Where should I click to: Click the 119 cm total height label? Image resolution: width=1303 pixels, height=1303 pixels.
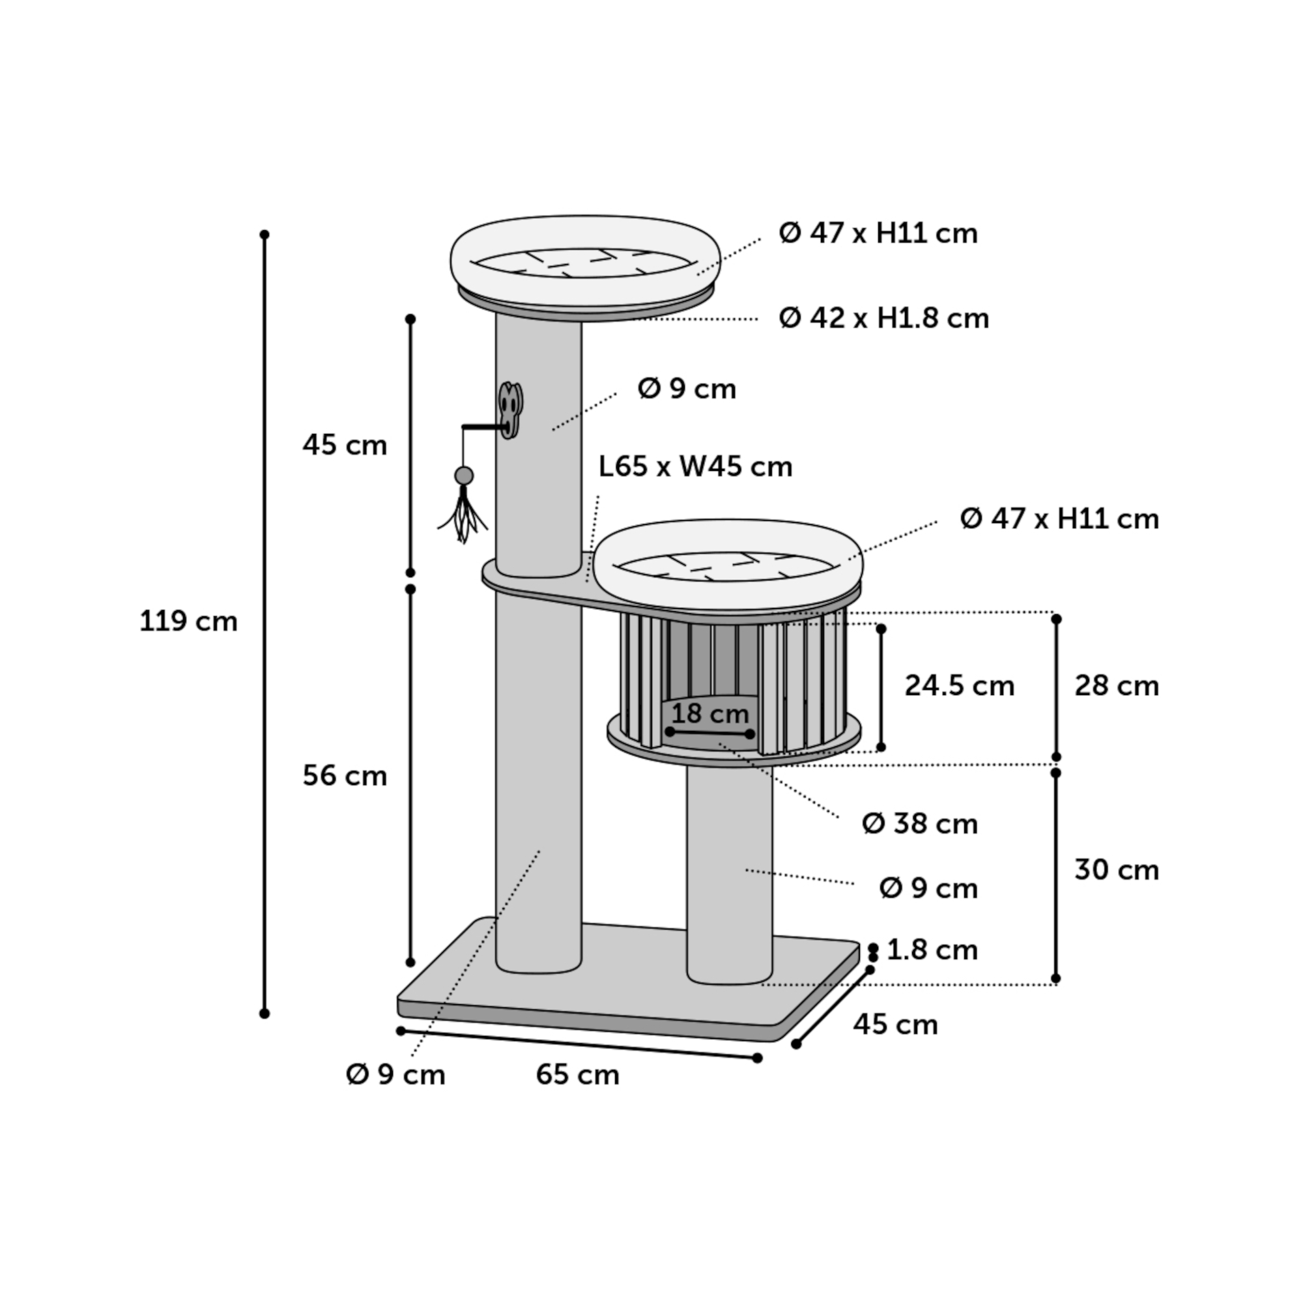tap(188, 621)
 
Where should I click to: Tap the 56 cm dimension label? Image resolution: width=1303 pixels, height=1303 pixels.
tap(345, 775)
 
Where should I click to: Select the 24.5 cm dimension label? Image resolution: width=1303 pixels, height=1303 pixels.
tap(959, 686)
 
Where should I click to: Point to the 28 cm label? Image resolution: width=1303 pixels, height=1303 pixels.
tap(1116, 686)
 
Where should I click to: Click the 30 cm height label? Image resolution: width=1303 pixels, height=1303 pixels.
tap(1116, 870)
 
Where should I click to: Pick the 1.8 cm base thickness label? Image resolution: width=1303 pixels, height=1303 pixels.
tap(932, 951)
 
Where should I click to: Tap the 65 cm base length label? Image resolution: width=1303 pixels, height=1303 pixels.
tap(577, 1074)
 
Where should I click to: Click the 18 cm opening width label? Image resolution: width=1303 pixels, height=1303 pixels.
tap(710, 713)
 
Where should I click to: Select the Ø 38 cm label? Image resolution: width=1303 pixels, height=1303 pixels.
tap(920, 823)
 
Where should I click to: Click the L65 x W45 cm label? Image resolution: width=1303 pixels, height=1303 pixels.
tap(695, 466)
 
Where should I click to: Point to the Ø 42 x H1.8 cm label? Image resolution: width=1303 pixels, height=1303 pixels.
tap(884, 319)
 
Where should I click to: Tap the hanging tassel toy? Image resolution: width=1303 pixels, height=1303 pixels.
tap(463, 516)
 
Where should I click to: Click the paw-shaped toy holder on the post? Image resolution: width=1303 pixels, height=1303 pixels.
tap(511, 410)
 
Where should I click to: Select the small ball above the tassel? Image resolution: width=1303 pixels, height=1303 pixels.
tap(464, 476)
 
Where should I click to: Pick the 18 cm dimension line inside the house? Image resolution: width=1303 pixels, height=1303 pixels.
tap(709, 732)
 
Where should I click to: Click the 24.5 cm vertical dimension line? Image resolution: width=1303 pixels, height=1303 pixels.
tap(881, 688)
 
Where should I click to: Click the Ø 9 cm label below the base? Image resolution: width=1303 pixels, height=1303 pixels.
tap(395, 1074)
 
